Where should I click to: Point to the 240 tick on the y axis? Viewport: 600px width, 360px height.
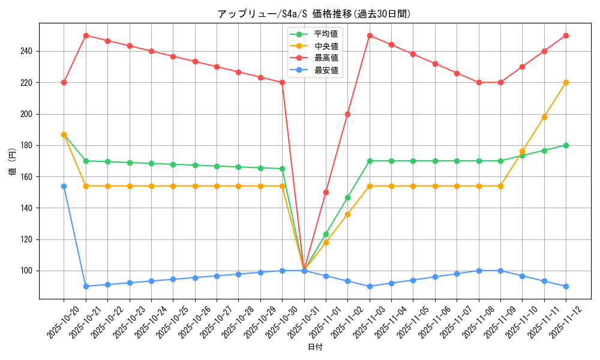tap(28, 51)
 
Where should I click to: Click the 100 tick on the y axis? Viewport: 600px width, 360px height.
tap(28, 271)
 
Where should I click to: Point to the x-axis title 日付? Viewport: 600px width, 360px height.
tap(315, 347)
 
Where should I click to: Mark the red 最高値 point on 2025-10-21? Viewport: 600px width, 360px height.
tap(86, 35)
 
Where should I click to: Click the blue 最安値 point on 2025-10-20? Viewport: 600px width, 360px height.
tap(64, 186)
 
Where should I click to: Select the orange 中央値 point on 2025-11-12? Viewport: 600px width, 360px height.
tap(566, 82)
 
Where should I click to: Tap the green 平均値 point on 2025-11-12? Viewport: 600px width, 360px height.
tap(566, 145)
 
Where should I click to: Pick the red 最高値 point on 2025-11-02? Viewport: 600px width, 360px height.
tap(347, 114)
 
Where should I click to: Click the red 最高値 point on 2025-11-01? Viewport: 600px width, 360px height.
tap(326, 192)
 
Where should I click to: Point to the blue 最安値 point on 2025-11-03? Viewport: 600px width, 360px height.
tap(370, 286)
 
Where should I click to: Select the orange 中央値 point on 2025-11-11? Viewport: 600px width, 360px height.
tap(544, 117)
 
